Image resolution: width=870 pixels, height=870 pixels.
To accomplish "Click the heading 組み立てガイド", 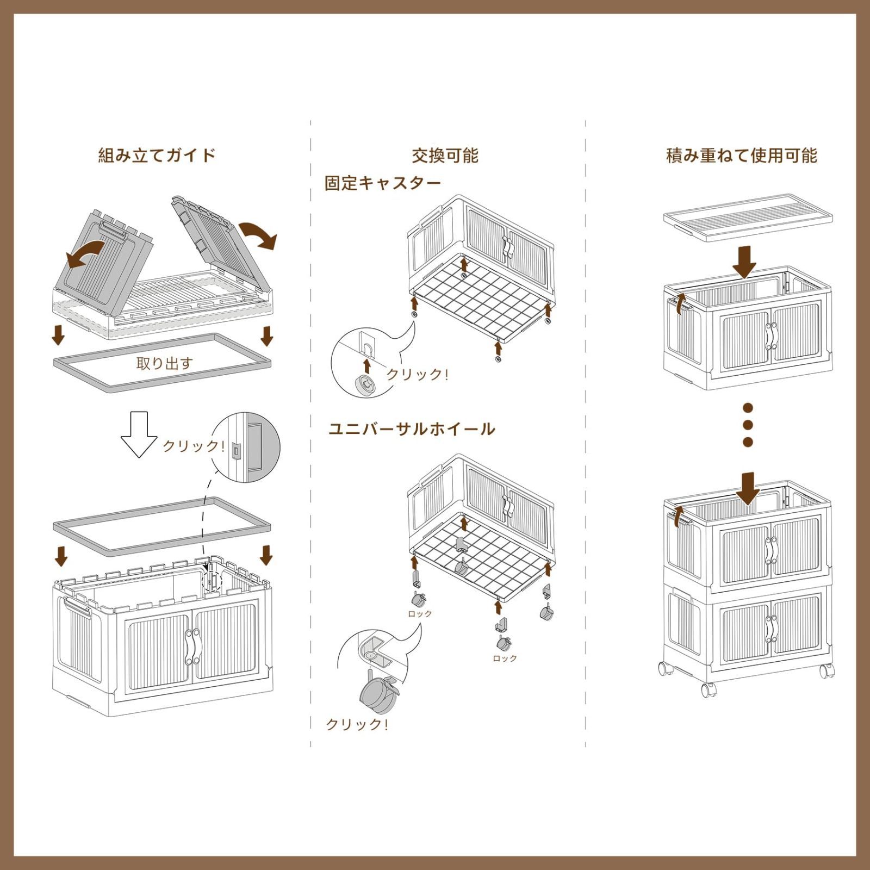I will tap(157, 156).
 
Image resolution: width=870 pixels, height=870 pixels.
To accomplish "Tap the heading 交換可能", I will tap(445, 156).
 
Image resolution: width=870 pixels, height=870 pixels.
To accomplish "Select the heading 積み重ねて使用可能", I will tap(742, 156).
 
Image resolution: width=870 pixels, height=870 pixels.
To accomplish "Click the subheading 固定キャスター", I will tap(383, 183).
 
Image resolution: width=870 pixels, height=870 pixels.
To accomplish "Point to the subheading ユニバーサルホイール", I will tap(412, 429).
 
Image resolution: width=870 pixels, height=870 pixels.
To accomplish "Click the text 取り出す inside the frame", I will tap(164, 363).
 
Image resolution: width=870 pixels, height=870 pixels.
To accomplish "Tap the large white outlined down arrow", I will tap(139, 433).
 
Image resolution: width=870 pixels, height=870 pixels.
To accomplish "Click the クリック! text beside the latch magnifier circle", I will tap(194, 446).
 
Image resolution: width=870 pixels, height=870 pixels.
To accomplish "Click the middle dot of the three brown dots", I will tap(748, 425).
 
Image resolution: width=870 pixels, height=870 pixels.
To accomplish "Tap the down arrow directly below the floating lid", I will tap(744, 261).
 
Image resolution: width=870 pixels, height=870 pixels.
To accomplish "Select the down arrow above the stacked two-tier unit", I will tap(749, 488).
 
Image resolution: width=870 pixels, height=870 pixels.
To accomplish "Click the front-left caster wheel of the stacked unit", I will tap(707, 690).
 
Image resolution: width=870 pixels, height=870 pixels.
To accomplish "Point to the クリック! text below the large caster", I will tap(357, 724).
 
